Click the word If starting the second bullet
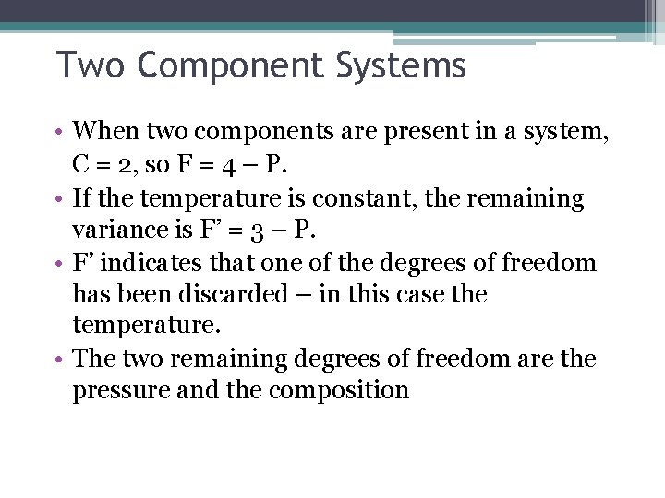click(x=81, y=197)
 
